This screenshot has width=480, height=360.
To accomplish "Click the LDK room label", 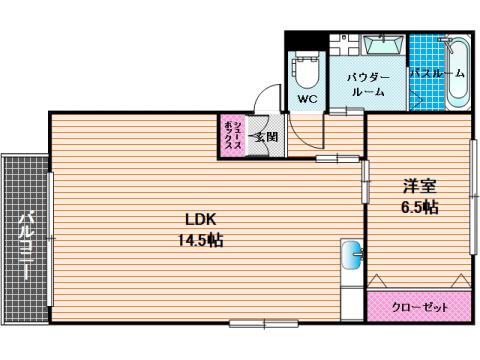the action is click(201, 220).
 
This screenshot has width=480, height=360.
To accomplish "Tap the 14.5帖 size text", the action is click(200, 240).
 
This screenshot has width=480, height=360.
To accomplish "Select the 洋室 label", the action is click(420, 186).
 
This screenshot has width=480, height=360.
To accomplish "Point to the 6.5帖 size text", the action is click(419, 207).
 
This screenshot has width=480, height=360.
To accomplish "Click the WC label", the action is click(307, 99).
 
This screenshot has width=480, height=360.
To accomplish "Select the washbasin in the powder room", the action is click(382, 44).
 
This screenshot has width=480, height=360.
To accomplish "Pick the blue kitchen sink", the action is click(352, 255).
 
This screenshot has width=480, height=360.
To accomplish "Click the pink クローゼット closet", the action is click(419, 306).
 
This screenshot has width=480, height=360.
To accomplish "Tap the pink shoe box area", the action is click(232, 135).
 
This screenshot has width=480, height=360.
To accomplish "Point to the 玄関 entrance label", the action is click(265, 137).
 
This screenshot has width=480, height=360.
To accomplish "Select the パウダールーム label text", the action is click(368, 85).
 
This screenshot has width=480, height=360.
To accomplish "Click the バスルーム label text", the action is click(437, 73).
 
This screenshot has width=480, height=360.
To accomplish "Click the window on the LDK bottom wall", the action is click(264, 323).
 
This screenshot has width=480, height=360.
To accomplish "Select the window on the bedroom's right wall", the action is click(474, 197).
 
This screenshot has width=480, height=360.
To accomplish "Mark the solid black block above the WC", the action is click(306, 40).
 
